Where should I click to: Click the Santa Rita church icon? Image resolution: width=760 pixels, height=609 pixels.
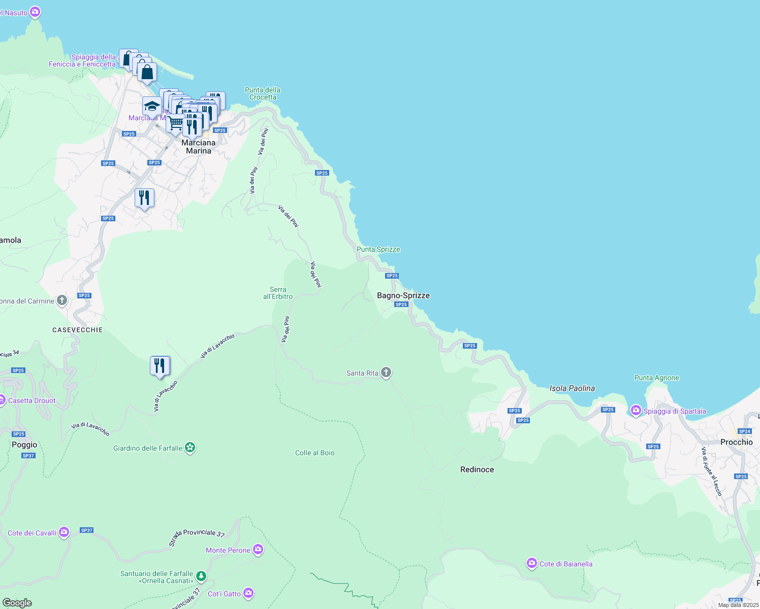(x=386, y=373)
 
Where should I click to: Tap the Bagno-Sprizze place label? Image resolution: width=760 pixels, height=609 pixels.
(x=403, y=295)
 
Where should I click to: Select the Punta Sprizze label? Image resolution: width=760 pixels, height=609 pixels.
(x=378, y=249)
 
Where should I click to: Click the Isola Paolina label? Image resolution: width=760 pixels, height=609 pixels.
(x=572, y=388)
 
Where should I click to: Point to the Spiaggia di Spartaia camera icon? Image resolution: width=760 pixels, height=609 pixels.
(x=636, y=410)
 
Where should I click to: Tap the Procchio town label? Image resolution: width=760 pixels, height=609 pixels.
(x=736, y=442)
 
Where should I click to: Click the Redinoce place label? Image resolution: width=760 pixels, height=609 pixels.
(x=477, y=469)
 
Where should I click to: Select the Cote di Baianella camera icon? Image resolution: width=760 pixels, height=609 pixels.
(x=531, y=563)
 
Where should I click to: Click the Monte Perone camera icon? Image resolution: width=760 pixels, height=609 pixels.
(x=258, y=550)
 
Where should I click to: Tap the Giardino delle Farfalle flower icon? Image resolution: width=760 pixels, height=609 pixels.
(x=190, y=448)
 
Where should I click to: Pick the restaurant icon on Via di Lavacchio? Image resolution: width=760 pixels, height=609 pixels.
(x=160, y=366)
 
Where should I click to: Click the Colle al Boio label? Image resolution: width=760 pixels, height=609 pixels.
(x=314, y=453)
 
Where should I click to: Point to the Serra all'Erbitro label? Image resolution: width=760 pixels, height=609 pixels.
(x=278, y=293)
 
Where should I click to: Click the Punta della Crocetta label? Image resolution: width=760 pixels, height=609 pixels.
(x=262, y=93)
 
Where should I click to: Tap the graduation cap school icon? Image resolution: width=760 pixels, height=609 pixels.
(x=152, y=107)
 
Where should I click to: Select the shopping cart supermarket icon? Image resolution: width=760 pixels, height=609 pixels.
(x=175, y=123)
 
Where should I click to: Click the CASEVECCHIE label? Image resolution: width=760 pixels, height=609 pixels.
(x=77, y=330)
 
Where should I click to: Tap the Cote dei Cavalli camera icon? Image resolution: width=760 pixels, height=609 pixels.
(x=64, y=532)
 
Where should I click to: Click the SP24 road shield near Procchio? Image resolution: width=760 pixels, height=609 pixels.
(x=744, y=431)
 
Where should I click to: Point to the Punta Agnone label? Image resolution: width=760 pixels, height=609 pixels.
(x=656, y=378)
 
